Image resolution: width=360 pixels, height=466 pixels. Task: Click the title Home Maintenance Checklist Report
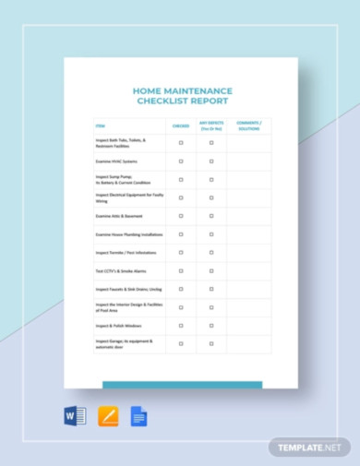(x=183, y=96)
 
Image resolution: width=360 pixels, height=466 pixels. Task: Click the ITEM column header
(x=100, y=125)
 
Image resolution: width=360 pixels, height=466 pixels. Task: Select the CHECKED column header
(x=180, y=125)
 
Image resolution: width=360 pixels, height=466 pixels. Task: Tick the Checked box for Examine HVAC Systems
(x=180, y=161)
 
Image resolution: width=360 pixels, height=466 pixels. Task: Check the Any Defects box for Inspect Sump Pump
(x=211, y=179)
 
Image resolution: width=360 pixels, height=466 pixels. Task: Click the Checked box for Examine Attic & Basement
(x=180, y=216)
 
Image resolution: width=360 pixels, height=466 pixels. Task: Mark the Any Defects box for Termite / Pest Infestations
(x=211, y=252)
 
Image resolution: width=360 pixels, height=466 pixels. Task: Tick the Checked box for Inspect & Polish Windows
(x=180, y=325)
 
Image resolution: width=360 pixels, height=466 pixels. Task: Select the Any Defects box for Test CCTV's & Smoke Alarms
(x=211, y=270)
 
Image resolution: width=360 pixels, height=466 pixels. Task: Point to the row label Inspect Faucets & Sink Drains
(x=122, y=289)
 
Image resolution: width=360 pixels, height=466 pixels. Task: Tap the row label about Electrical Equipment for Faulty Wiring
(x=126, y=197)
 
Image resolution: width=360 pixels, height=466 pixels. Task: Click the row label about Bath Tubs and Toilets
(x=121, y=143)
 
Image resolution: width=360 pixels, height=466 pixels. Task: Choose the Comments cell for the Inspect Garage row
(x=248, y=343)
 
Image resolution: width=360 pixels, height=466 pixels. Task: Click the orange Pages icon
(x=108, y=416)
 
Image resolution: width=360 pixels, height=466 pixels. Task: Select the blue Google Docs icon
(x=138, y=416)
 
